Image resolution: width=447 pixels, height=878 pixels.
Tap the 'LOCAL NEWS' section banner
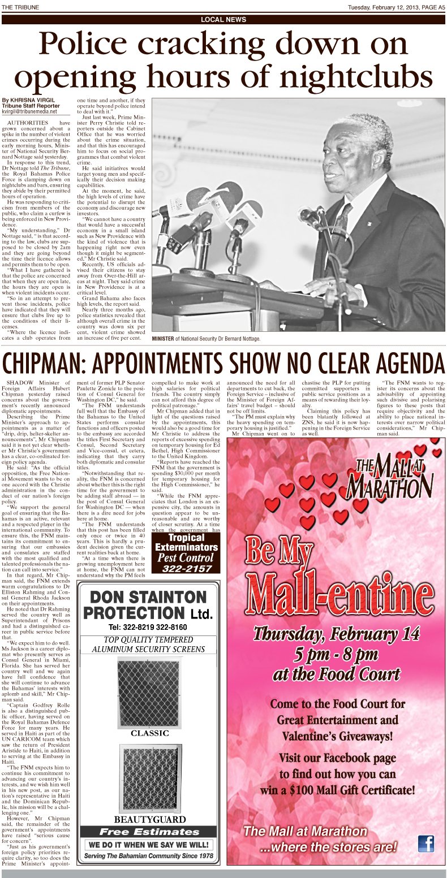click(x=223, y=20)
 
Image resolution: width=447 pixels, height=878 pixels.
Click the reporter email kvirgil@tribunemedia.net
click(x=30, y=111)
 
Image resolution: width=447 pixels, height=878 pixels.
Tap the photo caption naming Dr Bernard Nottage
click(x=206, y=339)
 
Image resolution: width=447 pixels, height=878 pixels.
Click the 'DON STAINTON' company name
click(x=148, y=597)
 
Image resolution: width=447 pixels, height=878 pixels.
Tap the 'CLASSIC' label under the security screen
click(x=150, y=733)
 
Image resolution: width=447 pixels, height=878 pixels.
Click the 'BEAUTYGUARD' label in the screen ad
click(x=150, y=819)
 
